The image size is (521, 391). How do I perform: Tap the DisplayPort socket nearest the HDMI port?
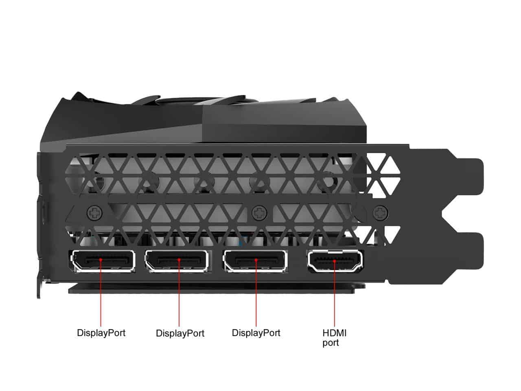coord(255,261)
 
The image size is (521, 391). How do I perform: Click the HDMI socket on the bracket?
coord(335,261)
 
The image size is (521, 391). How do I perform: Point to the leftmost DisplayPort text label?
coord(101,333)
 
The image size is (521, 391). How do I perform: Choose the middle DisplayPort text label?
coord(180,334)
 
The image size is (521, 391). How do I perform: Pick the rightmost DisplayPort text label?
coord(256,333)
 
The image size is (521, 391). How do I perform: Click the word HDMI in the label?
coord(335,333)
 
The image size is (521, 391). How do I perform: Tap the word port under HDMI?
coord(331,343)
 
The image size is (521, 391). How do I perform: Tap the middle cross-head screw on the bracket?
coord(258,212)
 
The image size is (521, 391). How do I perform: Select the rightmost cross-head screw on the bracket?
coord(380,212)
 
